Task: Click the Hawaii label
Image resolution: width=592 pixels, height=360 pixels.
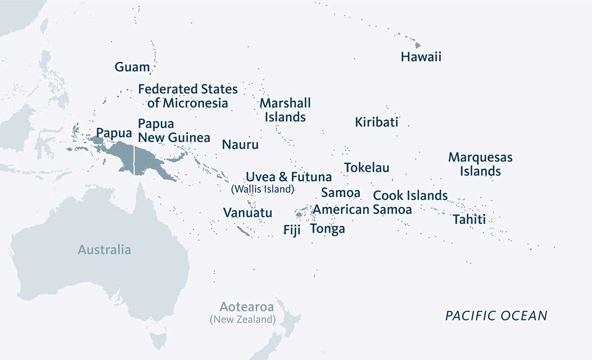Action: tap(421, 57)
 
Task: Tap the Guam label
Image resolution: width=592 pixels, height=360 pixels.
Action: tap(132, 67)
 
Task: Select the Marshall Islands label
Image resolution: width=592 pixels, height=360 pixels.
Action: tap(285, 110)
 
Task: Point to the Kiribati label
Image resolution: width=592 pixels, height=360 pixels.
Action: tap(376, 122)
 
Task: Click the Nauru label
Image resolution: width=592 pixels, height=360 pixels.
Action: tap(240, 144)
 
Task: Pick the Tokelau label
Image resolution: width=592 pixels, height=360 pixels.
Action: tap(367, 168)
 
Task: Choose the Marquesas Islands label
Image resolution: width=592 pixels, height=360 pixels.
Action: tap(481, 164)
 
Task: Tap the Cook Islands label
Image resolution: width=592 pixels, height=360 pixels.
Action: tap(410, 195)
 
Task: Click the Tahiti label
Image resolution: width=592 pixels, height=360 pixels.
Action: tap(469, 219)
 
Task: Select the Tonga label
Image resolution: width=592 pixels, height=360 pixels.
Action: tap(328, 229)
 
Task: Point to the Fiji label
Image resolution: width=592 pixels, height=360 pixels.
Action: tap(292, 230)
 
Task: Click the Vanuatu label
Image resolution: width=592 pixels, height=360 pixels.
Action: tap(248, 213)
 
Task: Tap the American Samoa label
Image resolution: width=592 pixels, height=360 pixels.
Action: tap(363, 209)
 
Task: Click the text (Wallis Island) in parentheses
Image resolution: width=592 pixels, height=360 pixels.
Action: tap(263, 189)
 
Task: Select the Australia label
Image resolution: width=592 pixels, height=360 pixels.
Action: tap(105, 250)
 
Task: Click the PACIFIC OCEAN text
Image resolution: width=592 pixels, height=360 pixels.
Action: tap(496, 316)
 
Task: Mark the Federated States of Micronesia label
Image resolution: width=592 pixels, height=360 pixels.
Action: tap(188, 96)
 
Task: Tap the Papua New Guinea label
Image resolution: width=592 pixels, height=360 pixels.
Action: tap(174, 130)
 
